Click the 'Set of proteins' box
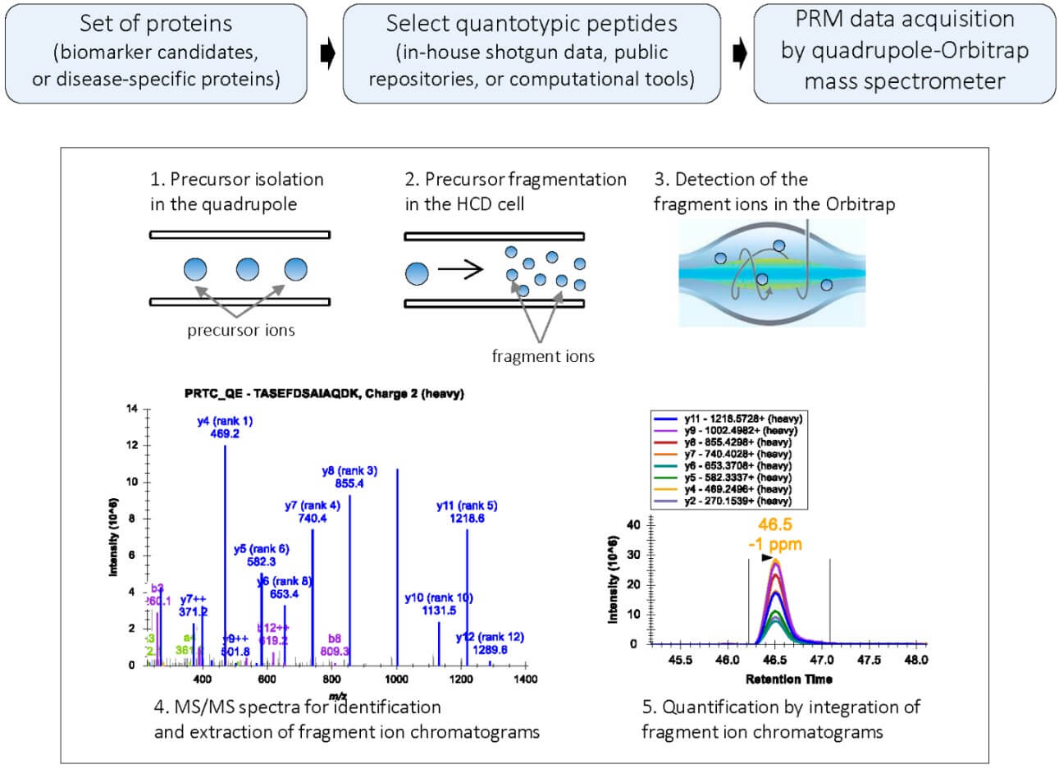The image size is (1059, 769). [156, 53]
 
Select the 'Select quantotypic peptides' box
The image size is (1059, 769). [532, 53]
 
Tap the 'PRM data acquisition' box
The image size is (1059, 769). [904, 53]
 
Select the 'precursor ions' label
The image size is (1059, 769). [240, 331]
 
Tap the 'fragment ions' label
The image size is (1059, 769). [543, 356]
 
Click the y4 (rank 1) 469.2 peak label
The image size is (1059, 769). [225, 427]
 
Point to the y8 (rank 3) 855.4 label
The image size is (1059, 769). [349, 477]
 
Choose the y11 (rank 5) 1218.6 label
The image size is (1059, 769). [467, 511]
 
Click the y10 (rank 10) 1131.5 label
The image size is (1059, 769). [439, 603]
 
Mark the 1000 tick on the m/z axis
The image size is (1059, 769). [397, 679]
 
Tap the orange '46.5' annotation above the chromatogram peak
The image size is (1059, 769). [775, 525]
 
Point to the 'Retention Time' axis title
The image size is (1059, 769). [788, 679]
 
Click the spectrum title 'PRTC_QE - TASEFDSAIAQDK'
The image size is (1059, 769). [324, 393]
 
